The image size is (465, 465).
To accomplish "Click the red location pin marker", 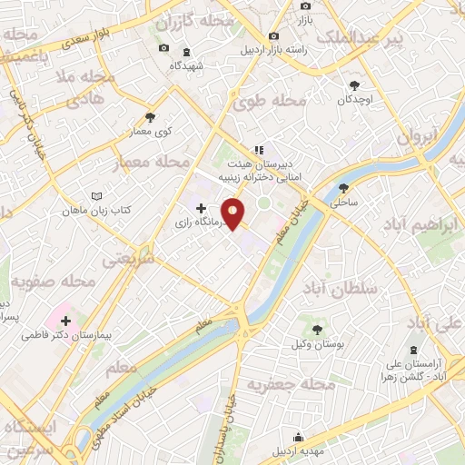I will click(x=234, y=213).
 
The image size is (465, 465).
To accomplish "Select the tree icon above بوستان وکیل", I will click(x=317, y=329).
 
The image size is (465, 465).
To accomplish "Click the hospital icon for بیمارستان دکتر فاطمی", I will click(x=65, y=320).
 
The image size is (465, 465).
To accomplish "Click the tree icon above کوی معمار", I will click(x=150, y=117).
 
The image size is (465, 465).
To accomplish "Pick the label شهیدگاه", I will click(x=200, y=65).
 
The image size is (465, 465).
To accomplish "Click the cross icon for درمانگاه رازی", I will click(x=200, y=208).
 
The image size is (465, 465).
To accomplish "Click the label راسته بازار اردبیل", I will click(x=272, y=50).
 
